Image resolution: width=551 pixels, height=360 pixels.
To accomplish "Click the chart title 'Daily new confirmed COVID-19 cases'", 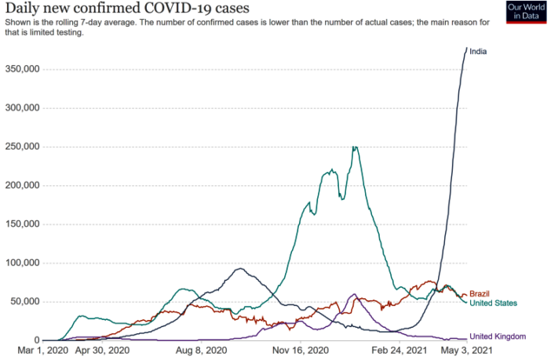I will (x=127, y=9).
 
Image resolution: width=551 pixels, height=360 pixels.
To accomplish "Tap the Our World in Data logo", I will (x=526, y=12).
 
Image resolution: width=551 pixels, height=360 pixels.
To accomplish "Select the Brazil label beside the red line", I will (x=480, y=293).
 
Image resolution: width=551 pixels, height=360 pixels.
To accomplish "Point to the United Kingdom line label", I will (x=498, y=336).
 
